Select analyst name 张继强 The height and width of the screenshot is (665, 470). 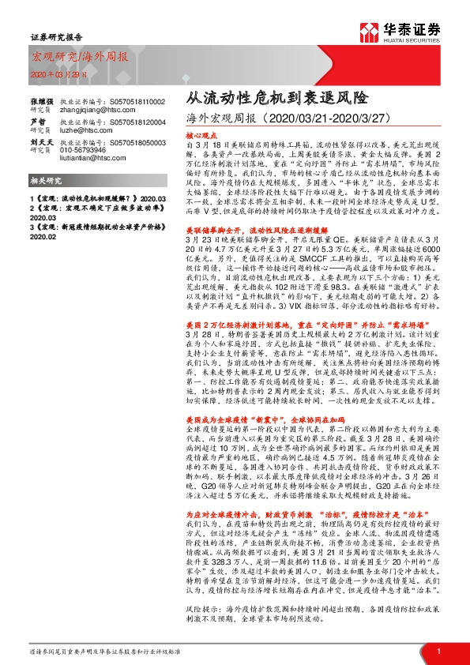(43, 102)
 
